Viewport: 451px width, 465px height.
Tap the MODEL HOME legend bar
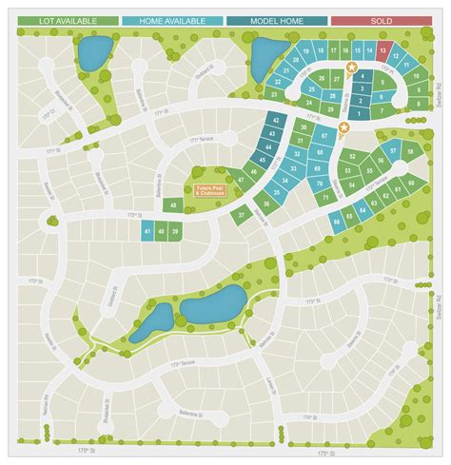tap(276, 20)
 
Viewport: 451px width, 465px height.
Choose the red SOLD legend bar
tap(380, 20)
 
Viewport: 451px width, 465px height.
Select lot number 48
tap(173, 204)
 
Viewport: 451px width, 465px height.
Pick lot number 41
tap(147, 231)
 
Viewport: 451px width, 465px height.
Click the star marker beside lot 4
tap(352, 67)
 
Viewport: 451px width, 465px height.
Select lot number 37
tap(243, 215)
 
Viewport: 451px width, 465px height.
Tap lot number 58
tap(411, 150)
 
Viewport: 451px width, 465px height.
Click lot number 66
tap(336, 223)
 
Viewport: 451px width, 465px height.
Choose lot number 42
tap(275, 122)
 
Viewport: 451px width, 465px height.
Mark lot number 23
tap(275, 95)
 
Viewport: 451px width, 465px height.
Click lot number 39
tap(175, 231)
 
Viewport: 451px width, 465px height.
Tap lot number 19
tap(306, 50)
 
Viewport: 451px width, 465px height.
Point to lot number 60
tap(410, 181)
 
